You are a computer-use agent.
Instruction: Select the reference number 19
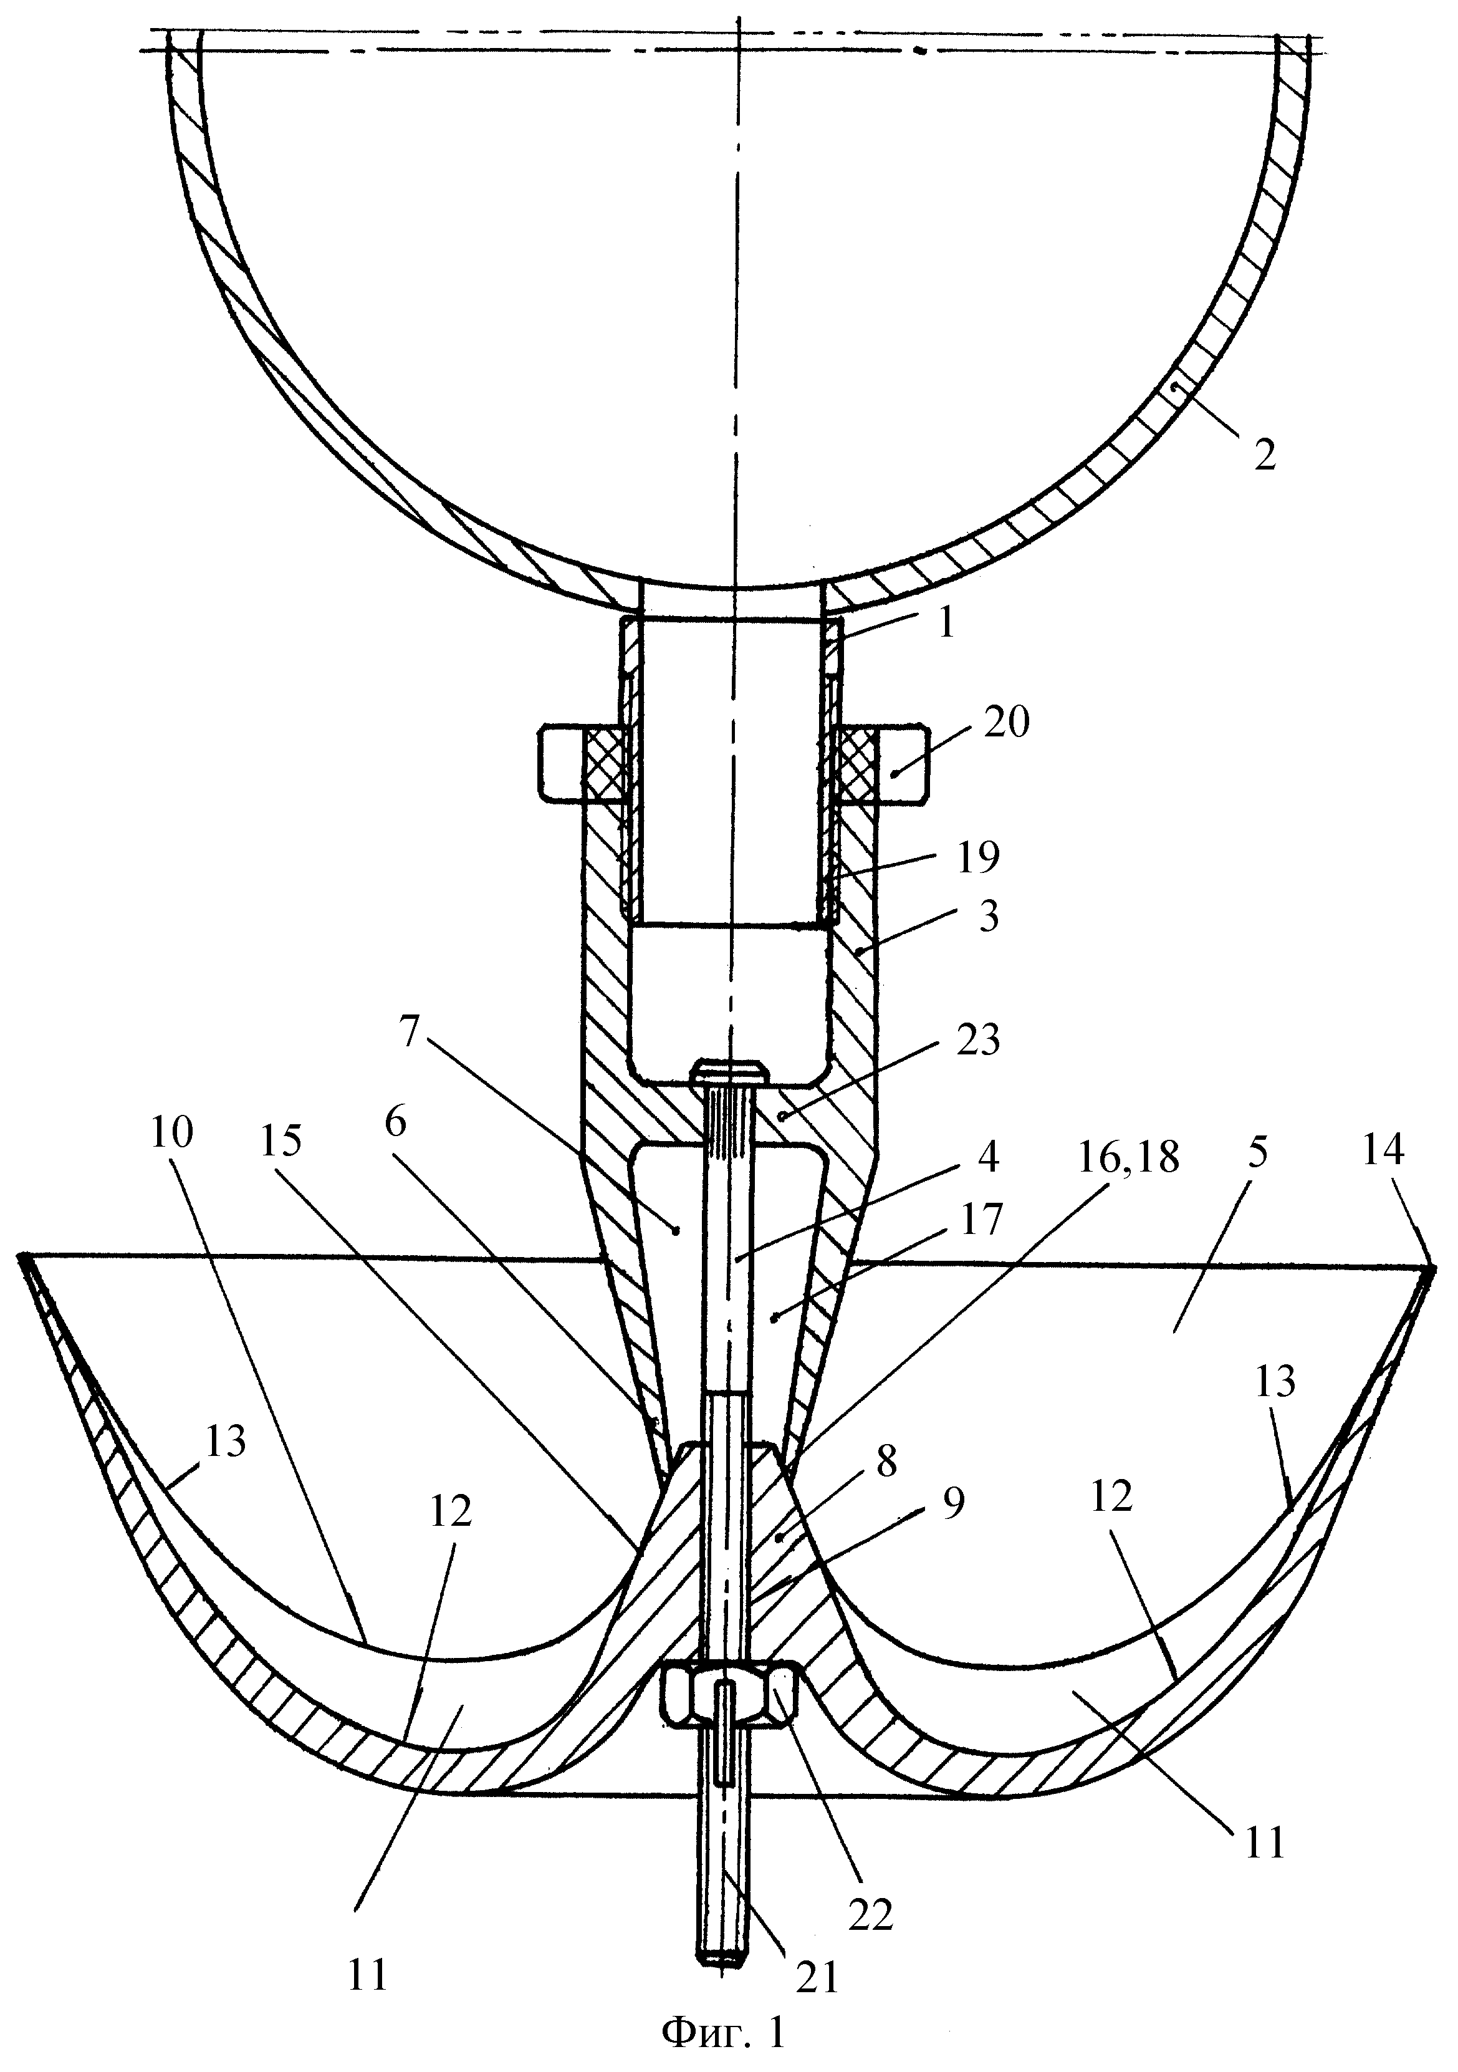[x=977, y=857]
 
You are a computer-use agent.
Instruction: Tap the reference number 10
[x=171, y=1132]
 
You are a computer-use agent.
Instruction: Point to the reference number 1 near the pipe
[x=946, y=624]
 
